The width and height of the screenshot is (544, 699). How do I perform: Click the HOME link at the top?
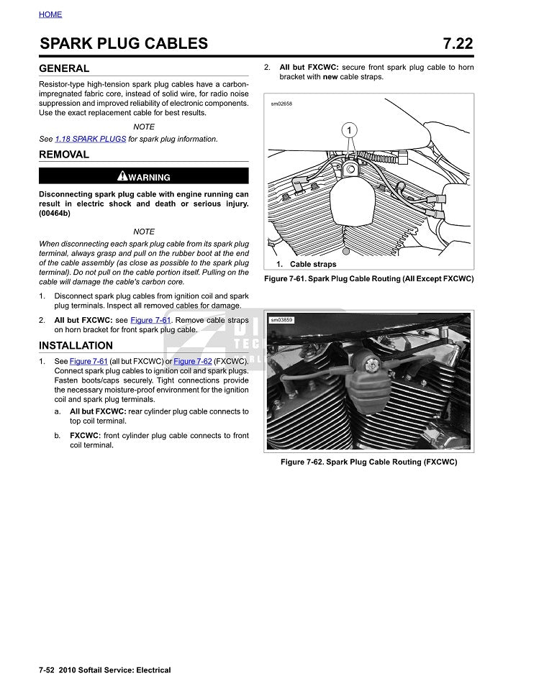point(50,14)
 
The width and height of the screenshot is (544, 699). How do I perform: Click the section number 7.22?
point(458,44)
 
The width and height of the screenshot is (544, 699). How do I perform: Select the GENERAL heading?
point(64,69)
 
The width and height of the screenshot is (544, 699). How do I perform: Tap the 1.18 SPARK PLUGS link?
point(91,139)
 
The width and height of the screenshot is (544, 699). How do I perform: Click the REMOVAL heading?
point(64,155)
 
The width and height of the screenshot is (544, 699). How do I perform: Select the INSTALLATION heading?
point(76,346)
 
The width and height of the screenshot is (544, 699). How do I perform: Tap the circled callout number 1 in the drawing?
point(349,130)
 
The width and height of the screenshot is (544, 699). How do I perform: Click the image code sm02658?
point(281,104)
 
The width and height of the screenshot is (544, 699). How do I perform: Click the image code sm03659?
point(281,320)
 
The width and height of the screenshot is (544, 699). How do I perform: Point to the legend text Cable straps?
point(313,264)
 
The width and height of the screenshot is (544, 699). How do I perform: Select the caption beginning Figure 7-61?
point(368,278)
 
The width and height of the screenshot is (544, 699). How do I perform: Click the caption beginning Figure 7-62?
point(368,462)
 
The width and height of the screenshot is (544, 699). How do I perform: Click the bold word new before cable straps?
point(331,77)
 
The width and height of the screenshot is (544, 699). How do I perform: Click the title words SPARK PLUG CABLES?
point(124,44)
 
